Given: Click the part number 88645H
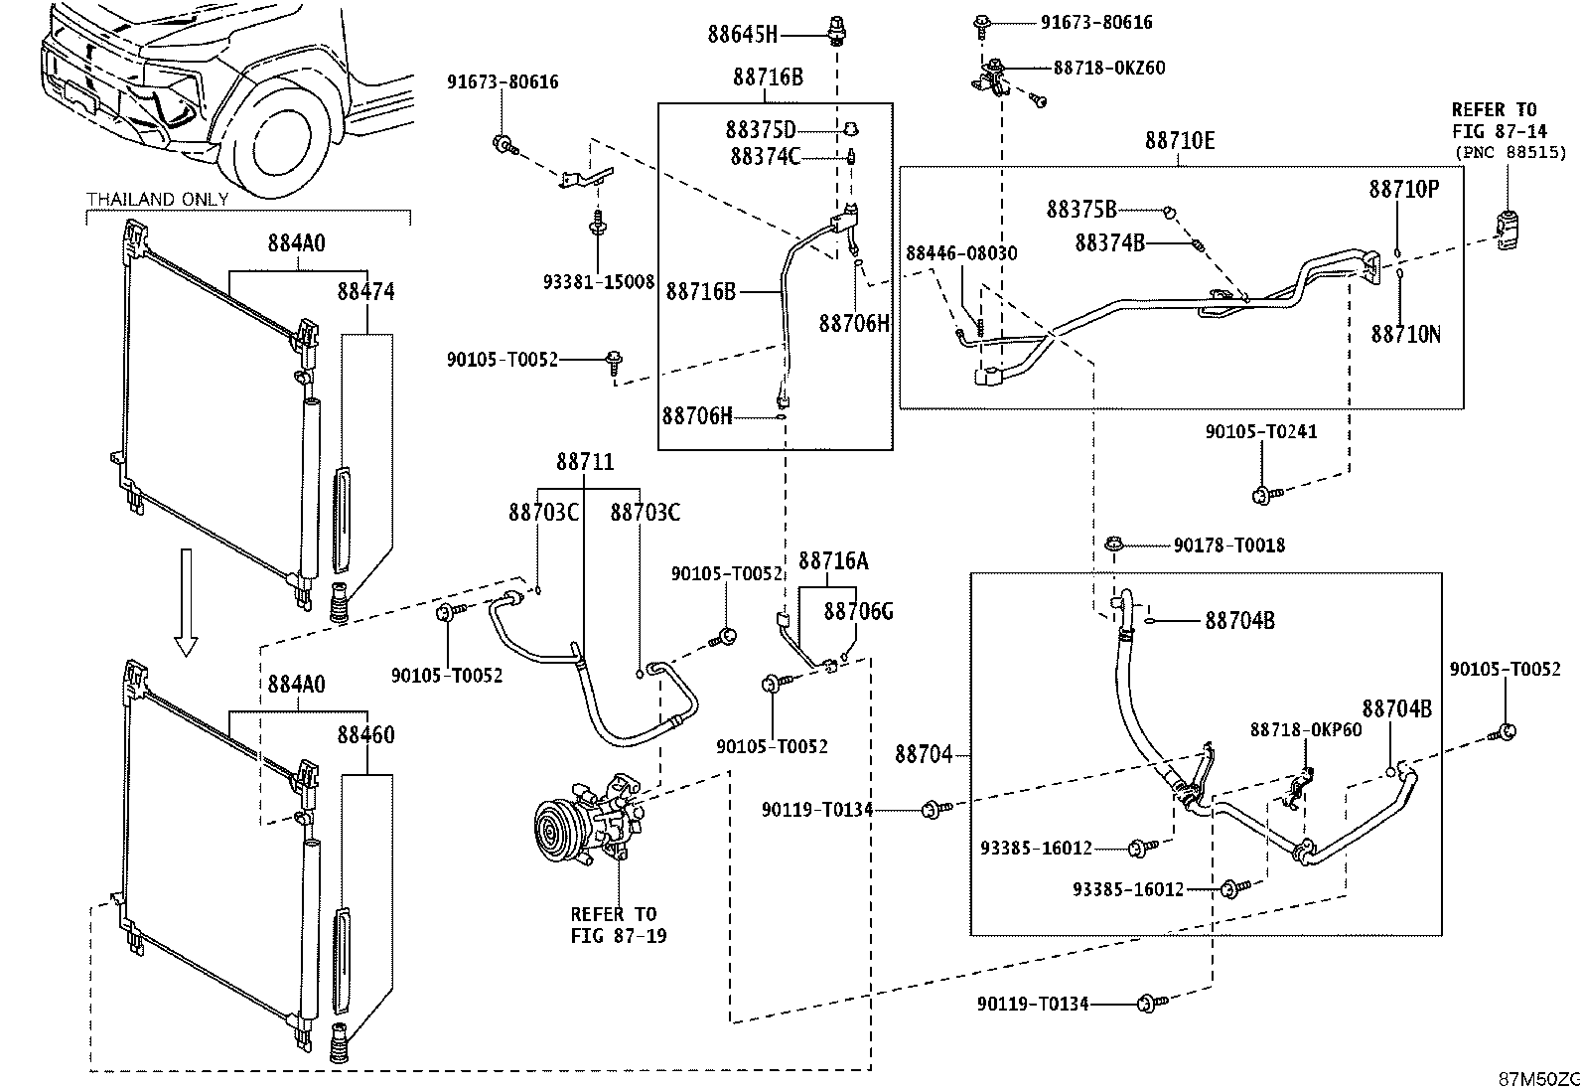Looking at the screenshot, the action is pos(743,34).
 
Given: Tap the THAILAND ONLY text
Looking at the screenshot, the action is pos(158,199).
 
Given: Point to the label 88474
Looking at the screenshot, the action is pos(365,291).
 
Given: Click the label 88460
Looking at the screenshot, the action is pos(365,734).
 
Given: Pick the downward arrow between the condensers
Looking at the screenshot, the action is pos(187,602).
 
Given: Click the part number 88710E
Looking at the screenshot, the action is pos(1180,140).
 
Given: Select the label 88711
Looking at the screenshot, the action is pos(585,462).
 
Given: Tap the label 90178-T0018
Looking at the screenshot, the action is pos(1229,546).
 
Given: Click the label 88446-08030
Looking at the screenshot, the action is pos(962,252).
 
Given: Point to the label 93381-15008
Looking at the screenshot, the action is pos(599,282).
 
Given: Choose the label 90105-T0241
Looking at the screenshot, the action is pos(1261,431).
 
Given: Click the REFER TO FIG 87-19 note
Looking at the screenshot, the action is pos(619,925).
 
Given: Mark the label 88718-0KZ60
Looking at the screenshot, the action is pos(1109,68).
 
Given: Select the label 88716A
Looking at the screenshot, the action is pos(833,560).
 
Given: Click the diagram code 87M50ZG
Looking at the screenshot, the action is pos(1539,1079).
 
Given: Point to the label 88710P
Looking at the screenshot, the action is pos(1404,190).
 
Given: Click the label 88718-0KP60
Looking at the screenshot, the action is pos(1306,729).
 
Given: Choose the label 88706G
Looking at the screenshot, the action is pos(858,611).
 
